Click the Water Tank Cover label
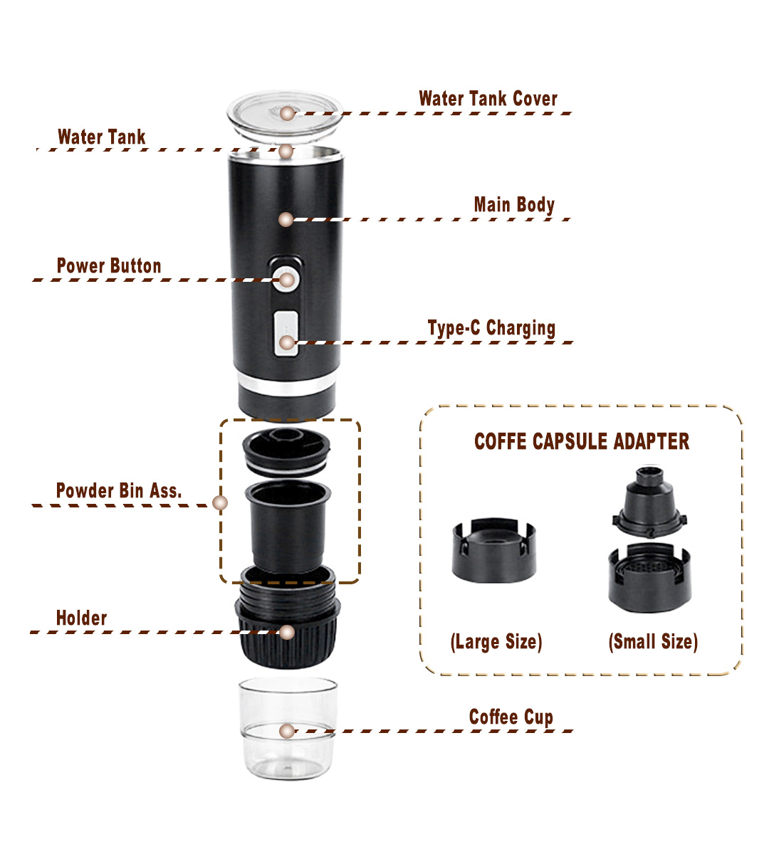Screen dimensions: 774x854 [x=488, y=98]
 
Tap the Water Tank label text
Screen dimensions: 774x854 [x=101, y=137]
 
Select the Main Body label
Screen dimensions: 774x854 [x=514, y=205]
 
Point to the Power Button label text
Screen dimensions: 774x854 [x=109, y=265]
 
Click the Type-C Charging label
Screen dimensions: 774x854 [x=491, y=328]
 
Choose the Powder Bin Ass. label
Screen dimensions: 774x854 [x=119, y=490]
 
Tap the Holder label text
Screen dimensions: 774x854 [x=81, y=618]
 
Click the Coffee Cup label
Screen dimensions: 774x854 [x=511, y=717]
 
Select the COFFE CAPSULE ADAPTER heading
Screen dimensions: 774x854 [x=582, y=441]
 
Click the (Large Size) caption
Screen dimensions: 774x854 [x=496, y=642]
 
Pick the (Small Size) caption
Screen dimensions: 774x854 [x=653, y=641]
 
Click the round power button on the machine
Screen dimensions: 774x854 [x=286, y=279]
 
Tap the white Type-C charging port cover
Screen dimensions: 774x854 [x=286, y=334]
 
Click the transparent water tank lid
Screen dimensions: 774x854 [x=285, y=116]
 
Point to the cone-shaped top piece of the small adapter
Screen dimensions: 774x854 [x=649, y=502]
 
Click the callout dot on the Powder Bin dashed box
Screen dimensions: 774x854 [x=220, y=502]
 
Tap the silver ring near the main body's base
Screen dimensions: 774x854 [x=286, y=385]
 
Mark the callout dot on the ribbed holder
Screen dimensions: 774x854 [x=287, y=632]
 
